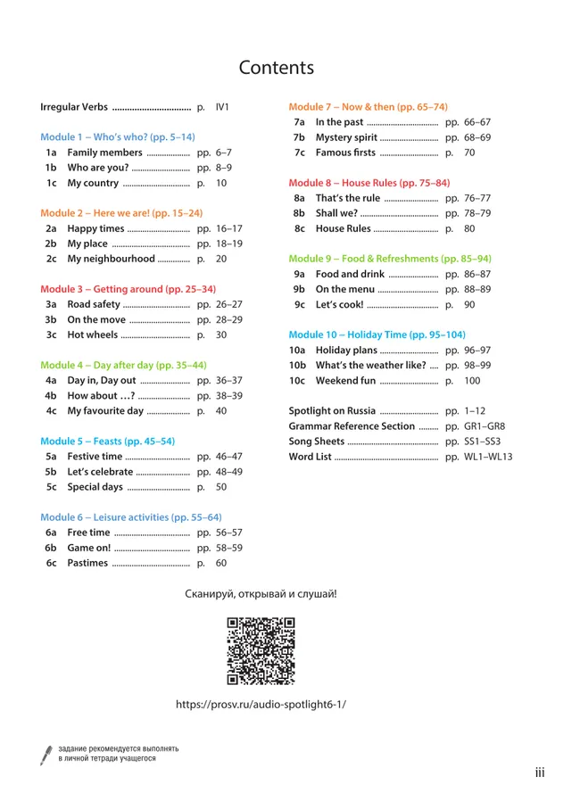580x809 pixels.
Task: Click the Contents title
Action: (277, 68)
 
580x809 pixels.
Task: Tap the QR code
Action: (261, 651)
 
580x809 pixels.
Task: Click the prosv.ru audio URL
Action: (261, 704)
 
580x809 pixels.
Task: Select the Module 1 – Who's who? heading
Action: (118, 137)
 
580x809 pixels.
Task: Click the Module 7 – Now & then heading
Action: (368, 107)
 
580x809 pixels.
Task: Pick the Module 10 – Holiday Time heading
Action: (377, 334)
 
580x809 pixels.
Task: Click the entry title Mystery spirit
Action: (346, 137)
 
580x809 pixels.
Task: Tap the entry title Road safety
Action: (93, 304)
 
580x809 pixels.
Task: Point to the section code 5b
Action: (51, 471)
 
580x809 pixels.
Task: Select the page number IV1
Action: (223, 107)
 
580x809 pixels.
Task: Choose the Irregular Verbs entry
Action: (74, 107)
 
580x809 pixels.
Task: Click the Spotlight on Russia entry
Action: (331, 411)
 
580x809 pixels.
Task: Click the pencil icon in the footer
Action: (46, 755)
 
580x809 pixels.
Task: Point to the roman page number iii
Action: (540, 772)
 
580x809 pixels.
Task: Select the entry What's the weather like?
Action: (370, 366)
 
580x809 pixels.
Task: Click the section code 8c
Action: (299, 228)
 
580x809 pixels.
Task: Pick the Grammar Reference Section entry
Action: (352, 426)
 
